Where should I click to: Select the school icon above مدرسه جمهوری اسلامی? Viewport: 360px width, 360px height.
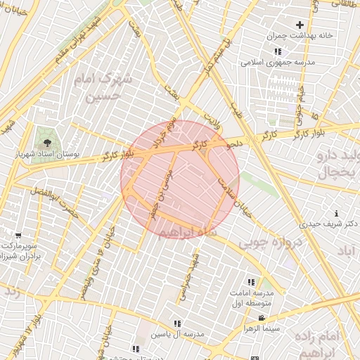[x=278, y=51]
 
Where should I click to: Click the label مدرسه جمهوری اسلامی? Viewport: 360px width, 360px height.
[x=279, y=62]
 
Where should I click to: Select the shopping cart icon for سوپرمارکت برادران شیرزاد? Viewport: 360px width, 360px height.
[x=18, y=236]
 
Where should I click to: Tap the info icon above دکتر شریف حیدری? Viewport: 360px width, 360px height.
[x=337, y=213]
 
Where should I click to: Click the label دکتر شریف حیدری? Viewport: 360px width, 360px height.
[x=328, y=224]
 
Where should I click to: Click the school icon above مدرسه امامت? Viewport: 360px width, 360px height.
[x=251, y=282]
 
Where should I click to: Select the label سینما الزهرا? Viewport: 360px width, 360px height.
[x=262, y=328]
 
